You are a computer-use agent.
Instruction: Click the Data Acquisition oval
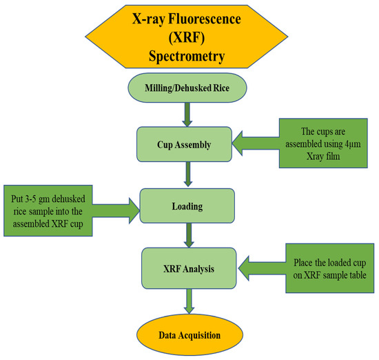pos(189,335)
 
